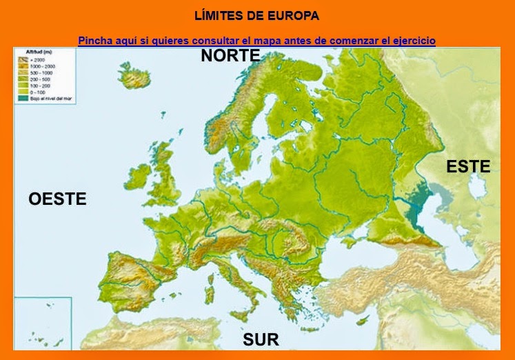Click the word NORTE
(230, 56)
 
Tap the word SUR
(261, 339)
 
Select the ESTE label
(468, 166)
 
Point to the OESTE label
(57, 199)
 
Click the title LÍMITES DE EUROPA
(257, 15)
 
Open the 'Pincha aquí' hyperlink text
(256, 41)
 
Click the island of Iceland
(135, 76)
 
